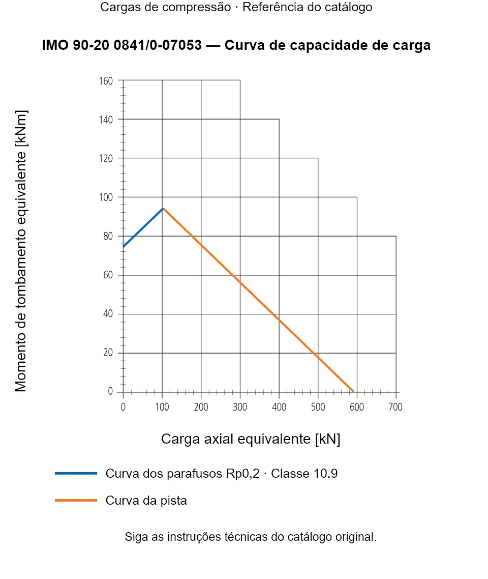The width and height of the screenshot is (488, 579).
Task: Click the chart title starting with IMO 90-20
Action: pyautogui.click(x=236, y=45)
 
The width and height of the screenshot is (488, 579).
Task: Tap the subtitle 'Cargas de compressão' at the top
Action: pyautogui.click(x=166, y=7)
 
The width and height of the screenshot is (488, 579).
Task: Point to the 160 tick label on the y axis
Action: pyautogui.click(x=106, y=81)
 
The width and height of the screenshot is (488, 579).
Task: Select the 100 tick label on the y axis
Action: pyautogui.click(x=106, y=197)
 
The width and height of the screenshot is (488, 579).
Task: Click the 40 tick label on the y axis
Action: pyautogui.click(x=108, y=314)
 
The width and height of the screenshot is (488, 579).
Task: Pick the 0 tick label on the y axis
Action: pyautogui.click(x=110, y=391)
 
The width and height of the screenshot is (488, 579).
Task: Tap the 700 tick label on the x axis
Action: pyautogui.click(x=395, y=407)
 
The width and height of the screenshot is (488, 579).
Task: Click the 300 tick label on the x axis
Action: pyautogui.click(x=240, y=407)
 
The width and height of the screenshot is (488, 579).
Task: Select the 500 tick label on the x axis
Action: pyautogui.click(x=318, y=407)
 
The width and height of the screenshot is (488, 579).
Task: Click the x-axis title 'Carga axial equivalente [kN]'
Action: pyautogui.click(x=251, y=439)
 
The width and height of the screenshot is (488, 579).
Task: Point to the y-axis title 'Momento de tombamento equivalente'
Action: pyautogui.click(x=21, y=251)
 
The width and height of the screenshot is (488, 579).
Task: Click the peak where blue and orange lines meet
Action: pyautogui.click(x=163, y=209)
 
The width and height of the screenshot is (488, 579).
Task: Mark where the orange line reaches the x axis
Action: pyautogui.click(x=353, y=391)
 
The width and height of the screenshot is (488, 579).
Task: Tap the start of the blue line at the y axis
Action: pyautogui.click(x=123, y=247)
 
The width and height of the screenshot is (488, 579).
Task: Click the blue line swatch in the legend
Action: pyautogui.click(x=76, y=473)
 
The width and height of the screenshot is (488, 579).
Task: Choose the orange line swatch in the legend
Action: pyautogui.click(x=76, y=500)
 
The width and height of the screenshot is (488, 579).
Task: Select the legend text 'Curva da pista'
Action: pyautogui.click(x=146, y=501)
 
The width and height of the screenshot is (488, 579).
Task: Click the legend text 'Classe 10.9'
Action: pyautogui.click(x=304, y=473)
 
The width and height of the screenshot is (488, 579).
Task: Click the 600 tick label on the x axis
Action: pyautogui.click(x=357, y=407)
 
